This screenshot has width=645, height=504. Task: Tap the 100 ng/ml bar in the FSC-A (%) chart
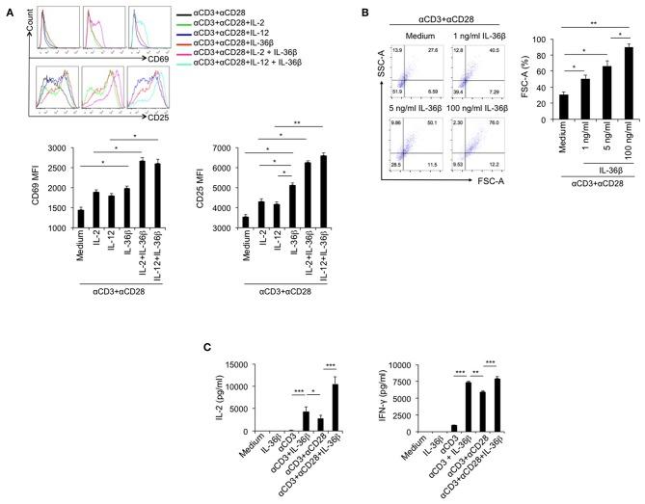603,84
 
